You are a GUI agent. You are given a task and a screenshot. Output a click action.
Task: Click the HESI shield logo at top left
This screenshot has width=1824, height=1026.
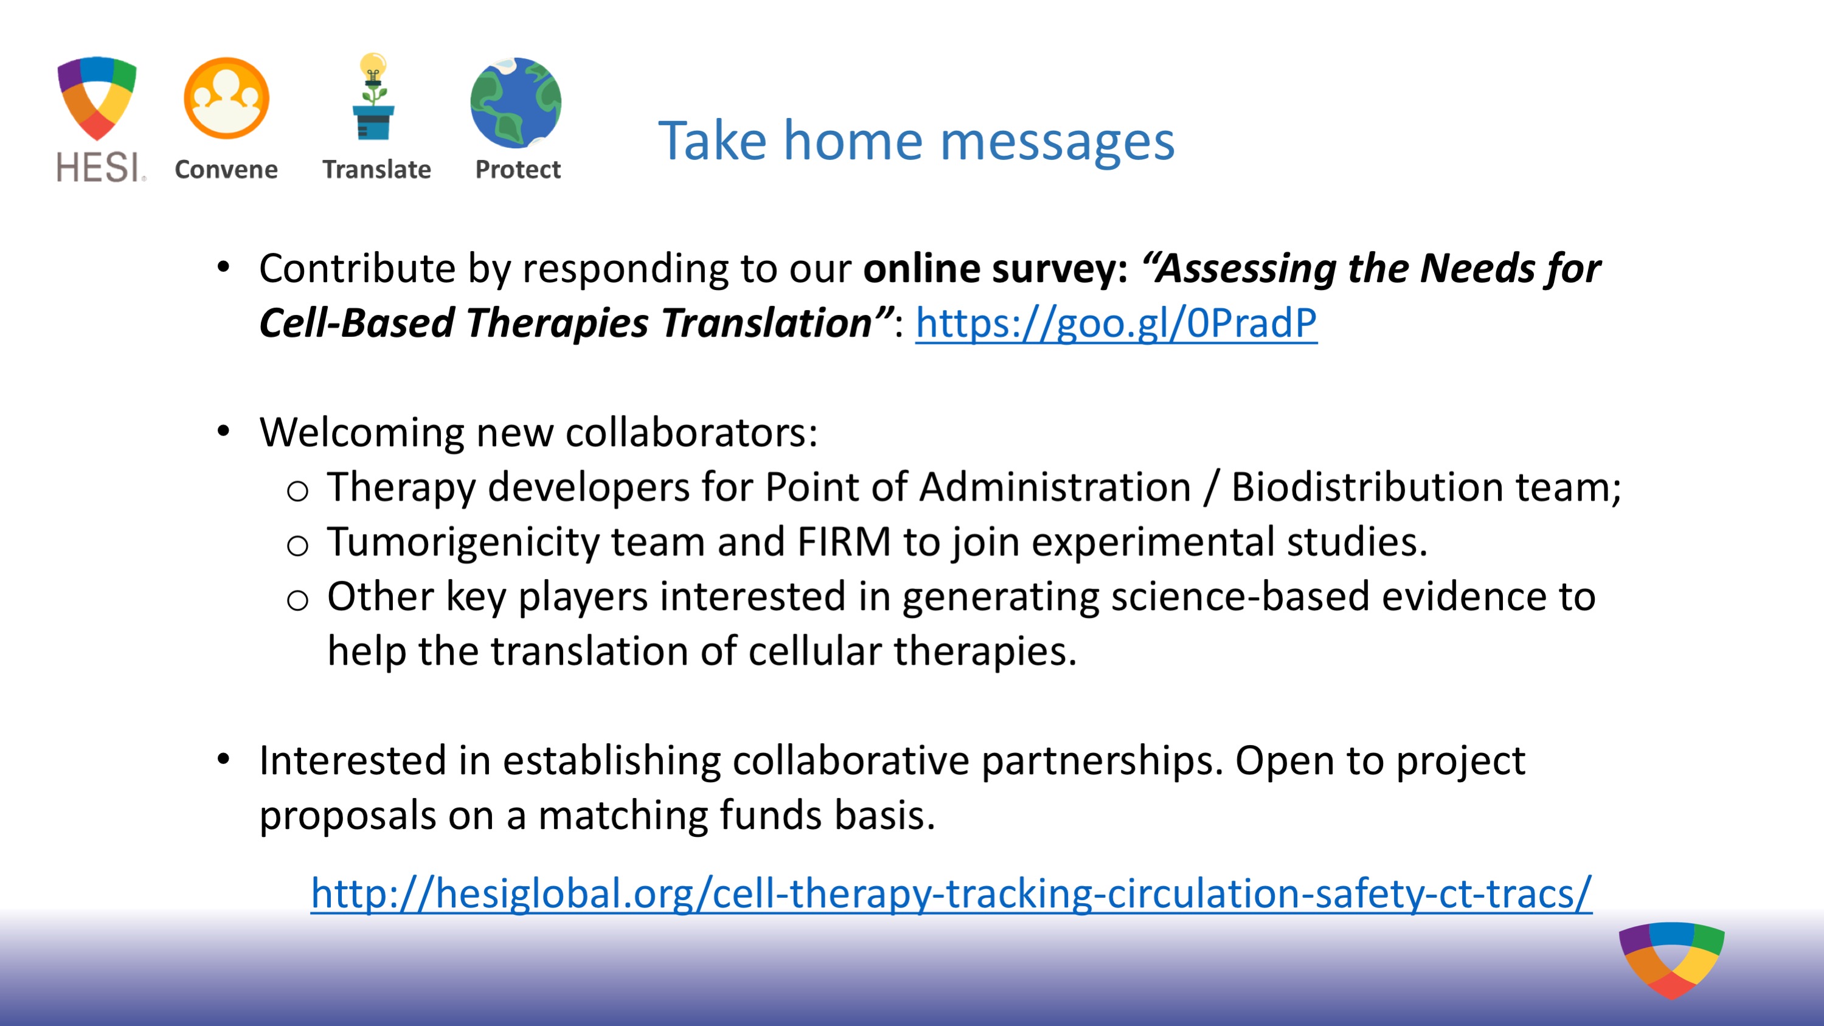97,98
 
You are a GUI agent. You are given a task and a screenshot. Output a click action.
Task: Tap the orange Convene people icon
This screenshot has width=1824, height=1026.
227,98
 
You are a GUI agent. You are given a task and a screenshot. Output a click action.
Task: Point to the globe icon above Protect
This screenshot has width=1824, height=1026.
516,103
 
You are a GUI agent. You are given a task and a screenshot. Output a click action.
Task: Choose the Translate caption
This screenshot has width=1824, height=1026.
376,169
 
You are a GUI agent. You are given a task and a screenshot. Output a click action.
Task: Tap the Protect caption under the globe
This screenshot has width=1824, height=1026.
518,169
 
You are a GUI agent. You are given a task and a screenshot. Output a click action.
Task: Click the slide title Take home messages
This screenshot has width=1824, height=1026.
916,140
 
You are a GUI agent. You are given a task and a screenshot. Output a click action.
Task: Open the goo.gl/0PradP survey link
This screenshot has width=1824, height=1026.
1116,323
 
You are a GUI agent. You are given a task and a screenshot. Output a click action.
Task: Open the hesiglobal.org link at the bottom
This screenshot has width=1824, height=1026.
951,893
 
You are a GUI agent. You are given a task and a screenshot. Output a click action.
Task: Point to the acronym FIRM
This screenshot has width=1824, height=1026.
844,542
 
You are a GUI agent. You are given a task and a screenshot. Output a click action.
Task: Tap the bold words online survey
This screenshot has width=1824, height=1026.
996,269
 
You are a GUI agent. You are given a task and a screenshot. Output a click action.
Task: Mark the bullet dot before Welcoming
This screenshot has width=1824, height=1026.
224,431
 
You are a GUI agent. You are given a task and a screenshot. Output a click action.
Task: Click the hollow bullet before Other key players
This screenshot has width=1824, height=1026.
297,601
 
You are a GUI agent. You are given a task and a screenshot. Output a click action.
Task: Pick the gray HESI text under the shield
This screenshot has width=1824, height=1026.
101,167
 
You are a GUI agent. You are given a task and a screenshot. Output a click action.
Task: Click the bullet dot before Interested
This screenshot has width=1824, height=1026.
224,759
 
